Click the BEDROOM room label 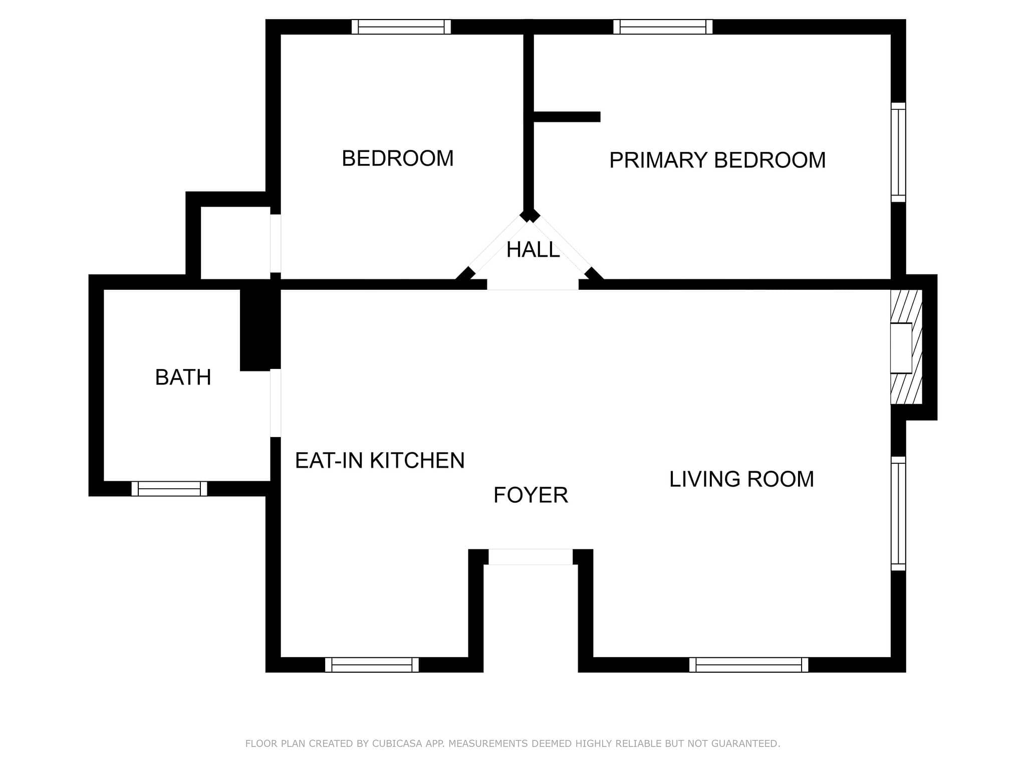pos(398,158)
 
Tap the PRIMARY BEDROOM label pos(717,160)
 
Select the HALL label pos(533,250)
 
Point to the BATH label pos(183,377)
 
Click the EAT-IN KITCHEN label pos(380,461)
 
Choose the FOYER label pos(531,495)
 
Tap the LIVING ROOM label pos(741,479)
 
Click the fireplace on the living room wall pos(906,347)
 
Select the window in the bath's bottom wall pos(169,489)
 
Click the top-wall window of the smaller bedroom pos(401,27)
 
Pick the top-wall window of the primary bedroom pos(663,27)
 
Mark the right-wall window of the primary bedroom pos(898,152)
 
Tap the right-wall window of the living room pos(898,513)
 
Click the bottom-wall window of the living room pos(748,665)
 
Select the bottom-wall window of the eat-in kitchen pos(372,665)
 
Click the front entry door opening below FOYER pos(531,557)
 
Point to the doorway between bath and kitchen pos(276,403)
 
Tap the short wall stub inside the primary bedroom pos(567,117)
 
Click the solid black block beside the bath pos(260,330)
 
